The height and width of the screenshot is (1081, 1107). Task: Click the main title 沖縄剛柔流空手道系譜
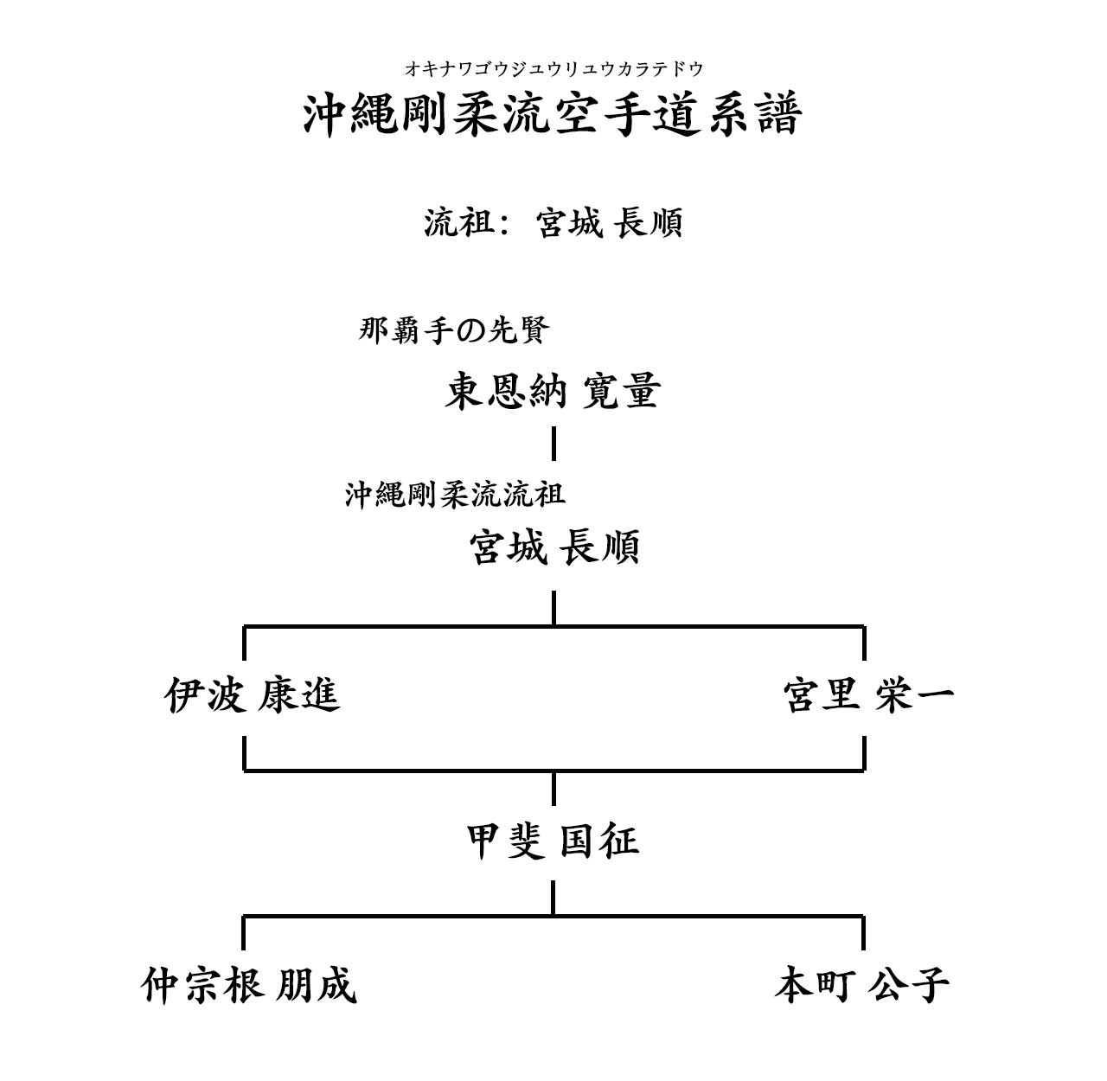(553, 115)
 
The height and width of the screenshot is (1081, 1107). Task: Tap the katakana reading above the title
(553, 69)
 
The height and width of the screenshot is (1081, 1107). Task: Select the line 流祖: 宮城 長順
(553, 223)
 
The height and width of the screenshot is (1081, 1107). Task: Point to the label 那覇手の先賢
(454, 330)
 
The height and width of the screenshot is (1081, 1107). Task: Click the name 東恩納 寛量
(553, 391)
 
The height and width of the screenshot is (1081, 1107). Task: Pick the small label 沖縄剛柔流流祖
(455, 495)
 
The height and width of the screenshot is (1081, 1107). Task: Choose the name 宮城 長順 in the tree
(553, 547)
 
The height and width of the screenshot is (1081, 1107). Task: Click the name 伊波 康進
(252, 695)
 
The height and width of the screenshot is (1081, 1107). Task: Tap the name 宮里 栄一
(867, 695)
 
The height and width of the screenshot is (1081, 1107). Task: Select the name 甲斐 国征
(553, 841)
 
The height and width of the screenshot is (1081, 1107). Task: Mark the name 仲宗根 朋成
(249, 985)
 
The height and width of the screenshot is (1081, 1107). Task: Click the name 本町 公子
(861, 985)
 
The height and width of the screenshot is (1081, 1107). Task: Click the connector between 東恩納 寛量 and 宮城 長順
(553, 443)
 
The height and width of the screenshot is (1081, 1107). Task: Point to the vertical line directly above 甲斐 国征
(553, 788)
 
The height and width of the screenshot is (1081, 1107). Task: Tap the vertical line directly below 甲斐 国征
(553, 897)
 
